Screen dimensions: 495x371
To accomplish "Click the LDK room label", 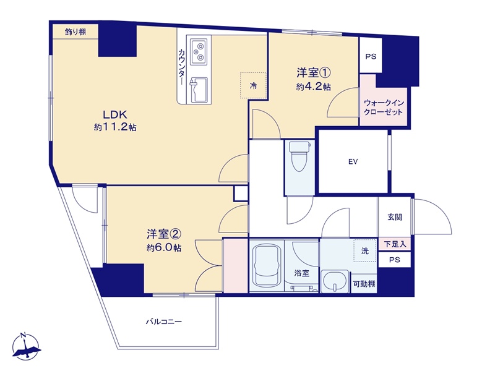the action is coord(115,114).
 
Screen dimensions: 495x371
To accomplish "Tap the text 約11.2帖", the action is coord(115,127).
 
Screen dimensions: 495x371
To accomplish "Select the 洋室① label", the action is coord(313,73).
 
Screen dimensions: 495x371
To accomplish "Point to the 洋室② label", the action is coord(163,234).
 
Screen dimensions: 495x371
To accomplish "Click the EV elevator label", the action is coord(353,162).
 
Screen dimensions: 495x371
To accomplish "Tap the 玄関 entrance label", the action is coord(395,217).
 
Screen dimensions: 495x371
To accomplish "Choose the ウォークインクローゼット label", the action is coord(384,107).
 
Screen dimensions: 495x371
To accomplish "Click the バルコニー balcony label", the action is coord(164,322).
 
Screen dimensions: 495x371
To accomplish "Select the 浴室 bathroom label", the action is coord(301,273).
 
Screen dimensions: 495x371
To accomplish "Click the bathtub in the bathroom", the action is coord(267,265).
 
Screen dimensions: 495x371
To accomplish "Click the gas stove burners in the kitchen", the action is coord(199,52).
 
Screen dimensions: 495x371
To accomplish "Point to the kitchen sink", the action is coord(198,90).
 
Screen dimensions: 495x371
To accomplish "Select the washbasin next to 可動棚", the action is coord(335,281).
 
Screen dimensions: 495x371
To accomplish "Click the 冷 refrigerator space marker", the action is coord(253,85).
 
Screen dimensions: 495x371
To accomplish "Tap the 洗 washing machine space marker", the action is coord(365,251).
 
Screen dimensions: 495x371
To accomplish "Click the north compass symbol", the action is coord(26,346).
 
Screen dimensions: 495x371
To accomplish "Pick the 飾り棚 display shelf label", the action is coord(75,32).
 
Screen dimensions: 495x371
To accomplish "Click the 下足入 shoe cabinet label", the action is coord(395,244).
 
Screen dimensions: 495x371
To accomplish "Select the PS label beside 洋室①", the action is coord(371,56).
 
